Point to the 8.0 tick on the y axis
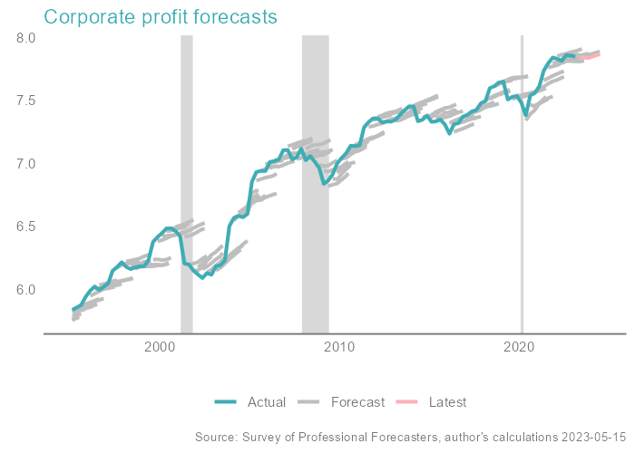point(24,38)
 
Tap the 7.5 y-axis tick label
point(24,101)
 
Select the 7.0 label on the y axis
point(24,164)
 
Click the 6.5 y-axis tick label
point(24,226)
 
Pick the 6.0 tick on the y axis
point(24,290)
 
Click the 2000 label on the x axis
point(160,347)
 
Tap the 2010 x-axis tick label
point(340,347)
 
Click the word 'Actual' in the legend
point(267,402)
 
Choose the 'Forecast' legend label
point(357,402)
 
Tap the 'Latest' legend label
point(447,402)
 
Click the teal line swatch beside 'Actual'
point(227,402)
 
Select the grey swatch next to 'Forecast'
point(309,402)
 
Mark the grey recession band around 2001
point(187,181)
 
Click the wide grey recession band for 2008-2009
point(315,181)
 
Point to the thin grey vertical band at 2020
point(522,181)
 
